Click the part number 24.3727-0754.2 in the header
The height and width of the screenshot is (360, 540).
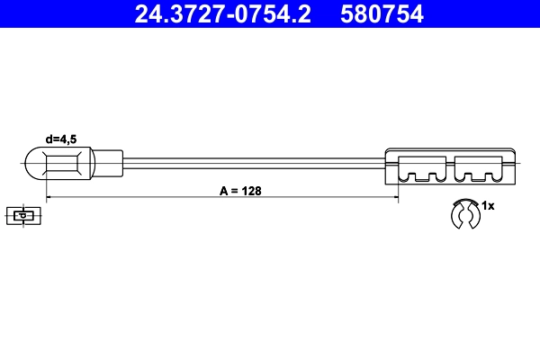(221, 13)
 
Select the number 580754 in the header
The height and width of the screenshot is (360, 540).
(382, 13)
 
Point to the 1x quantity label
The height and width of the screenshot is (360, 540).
(489, 206)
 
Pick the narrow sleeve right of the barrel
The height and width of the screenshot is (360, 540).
(107, 164)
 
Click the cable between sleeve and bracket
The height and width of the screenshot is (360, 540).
(252, 164)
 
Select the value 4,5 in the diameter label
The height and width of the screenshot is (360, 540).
(72, 139)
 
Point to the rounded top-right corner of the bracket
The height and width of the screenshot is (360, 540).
(514, 151)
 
